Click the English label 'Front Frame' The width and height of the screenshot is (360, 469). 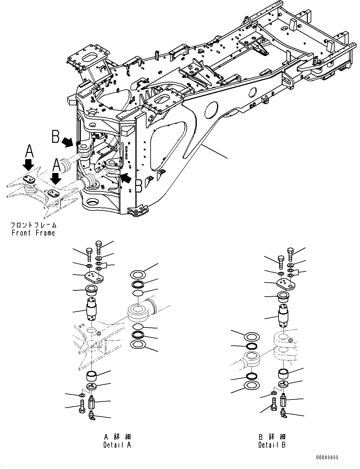33,233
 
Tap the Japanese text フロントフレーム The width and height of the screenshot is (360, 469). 33,225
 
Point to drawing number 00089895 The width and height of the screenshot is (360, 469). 327,458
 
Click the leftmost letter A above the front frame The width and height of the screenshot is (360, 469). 29,151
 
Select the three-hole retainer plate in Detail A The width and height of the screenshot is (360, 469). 93,277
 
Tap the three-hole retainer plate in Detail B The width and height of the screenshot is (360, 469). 286,284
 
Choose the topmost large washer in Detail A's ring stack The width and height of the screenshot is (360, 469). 138,275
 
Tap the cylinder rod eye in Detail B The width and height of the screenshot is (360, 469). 252,358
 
